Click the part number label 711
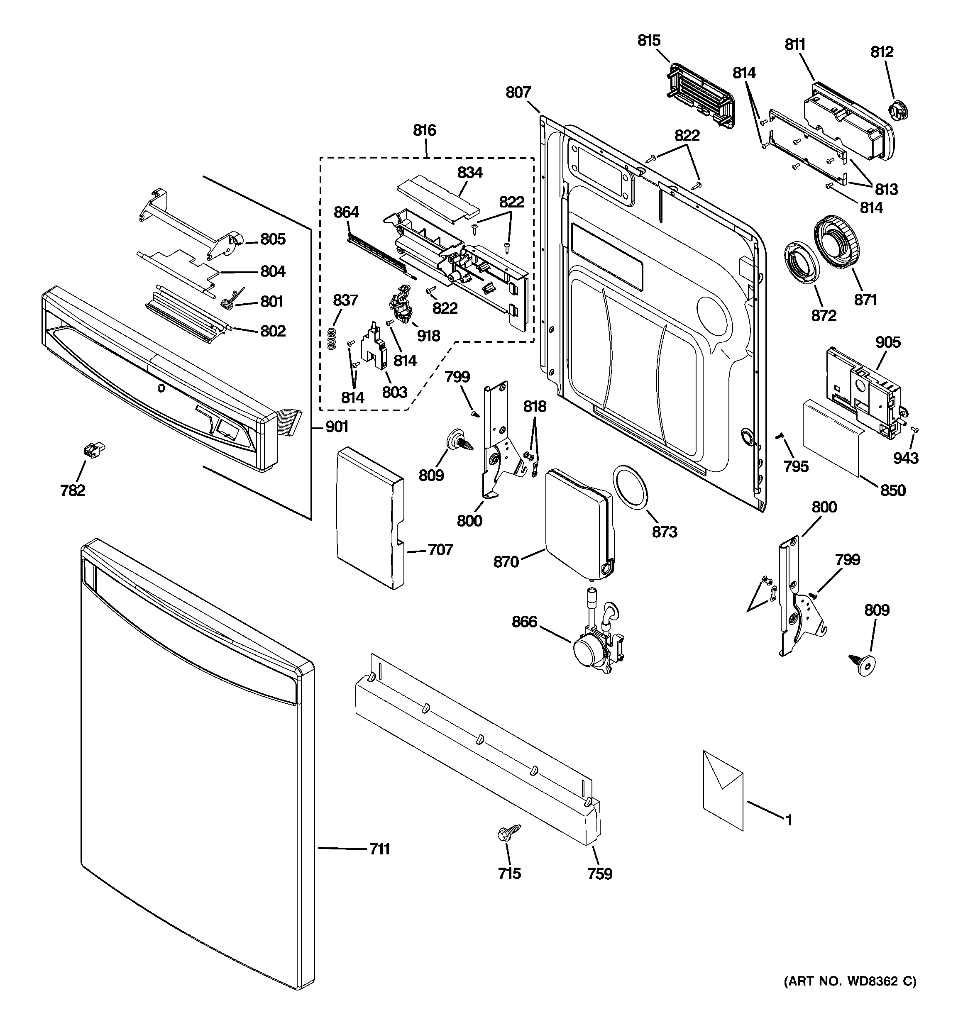(379, 849)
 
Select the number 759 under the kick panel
(600, 873)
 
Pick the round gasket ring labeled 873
(630, 487)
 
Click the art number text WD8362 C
(851, 995)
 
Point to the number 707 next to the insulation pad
(440, 550)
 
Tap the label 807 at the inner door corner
(518, 92)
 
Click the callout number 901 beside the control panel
(337, 426)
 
